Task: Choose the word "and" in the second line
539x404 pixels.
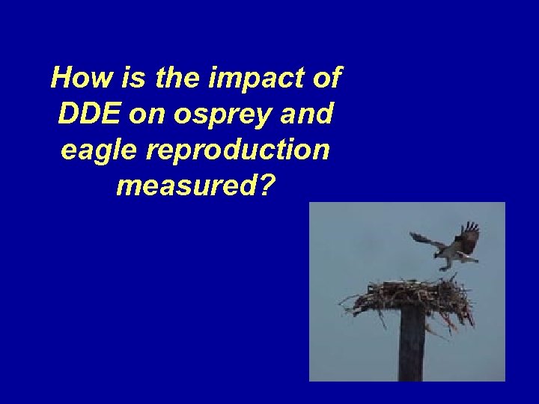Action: (306, 114)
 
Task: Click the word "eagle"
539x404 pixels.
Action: (100, 151)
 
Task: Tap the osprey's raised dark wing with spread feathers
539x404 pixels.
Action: (468, 238)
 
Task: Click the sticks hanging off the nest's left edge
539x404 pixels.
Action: (356, 303)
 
